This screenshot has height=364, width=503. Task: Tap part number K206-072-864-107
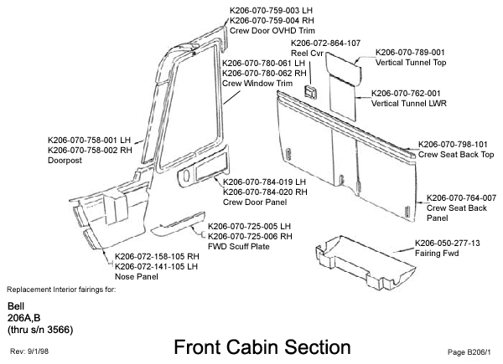click(x=325, y=43)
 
